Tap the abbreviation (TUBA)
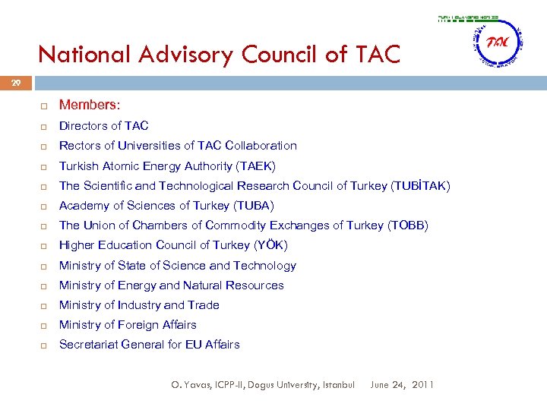click(254, 206)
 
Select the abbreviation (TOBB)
click(408, 225)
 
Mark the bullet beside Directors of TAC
click(46, 126)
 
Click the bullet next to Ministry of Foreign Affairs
click(46, 325)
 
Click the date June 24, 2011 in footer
click(402, 385)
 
